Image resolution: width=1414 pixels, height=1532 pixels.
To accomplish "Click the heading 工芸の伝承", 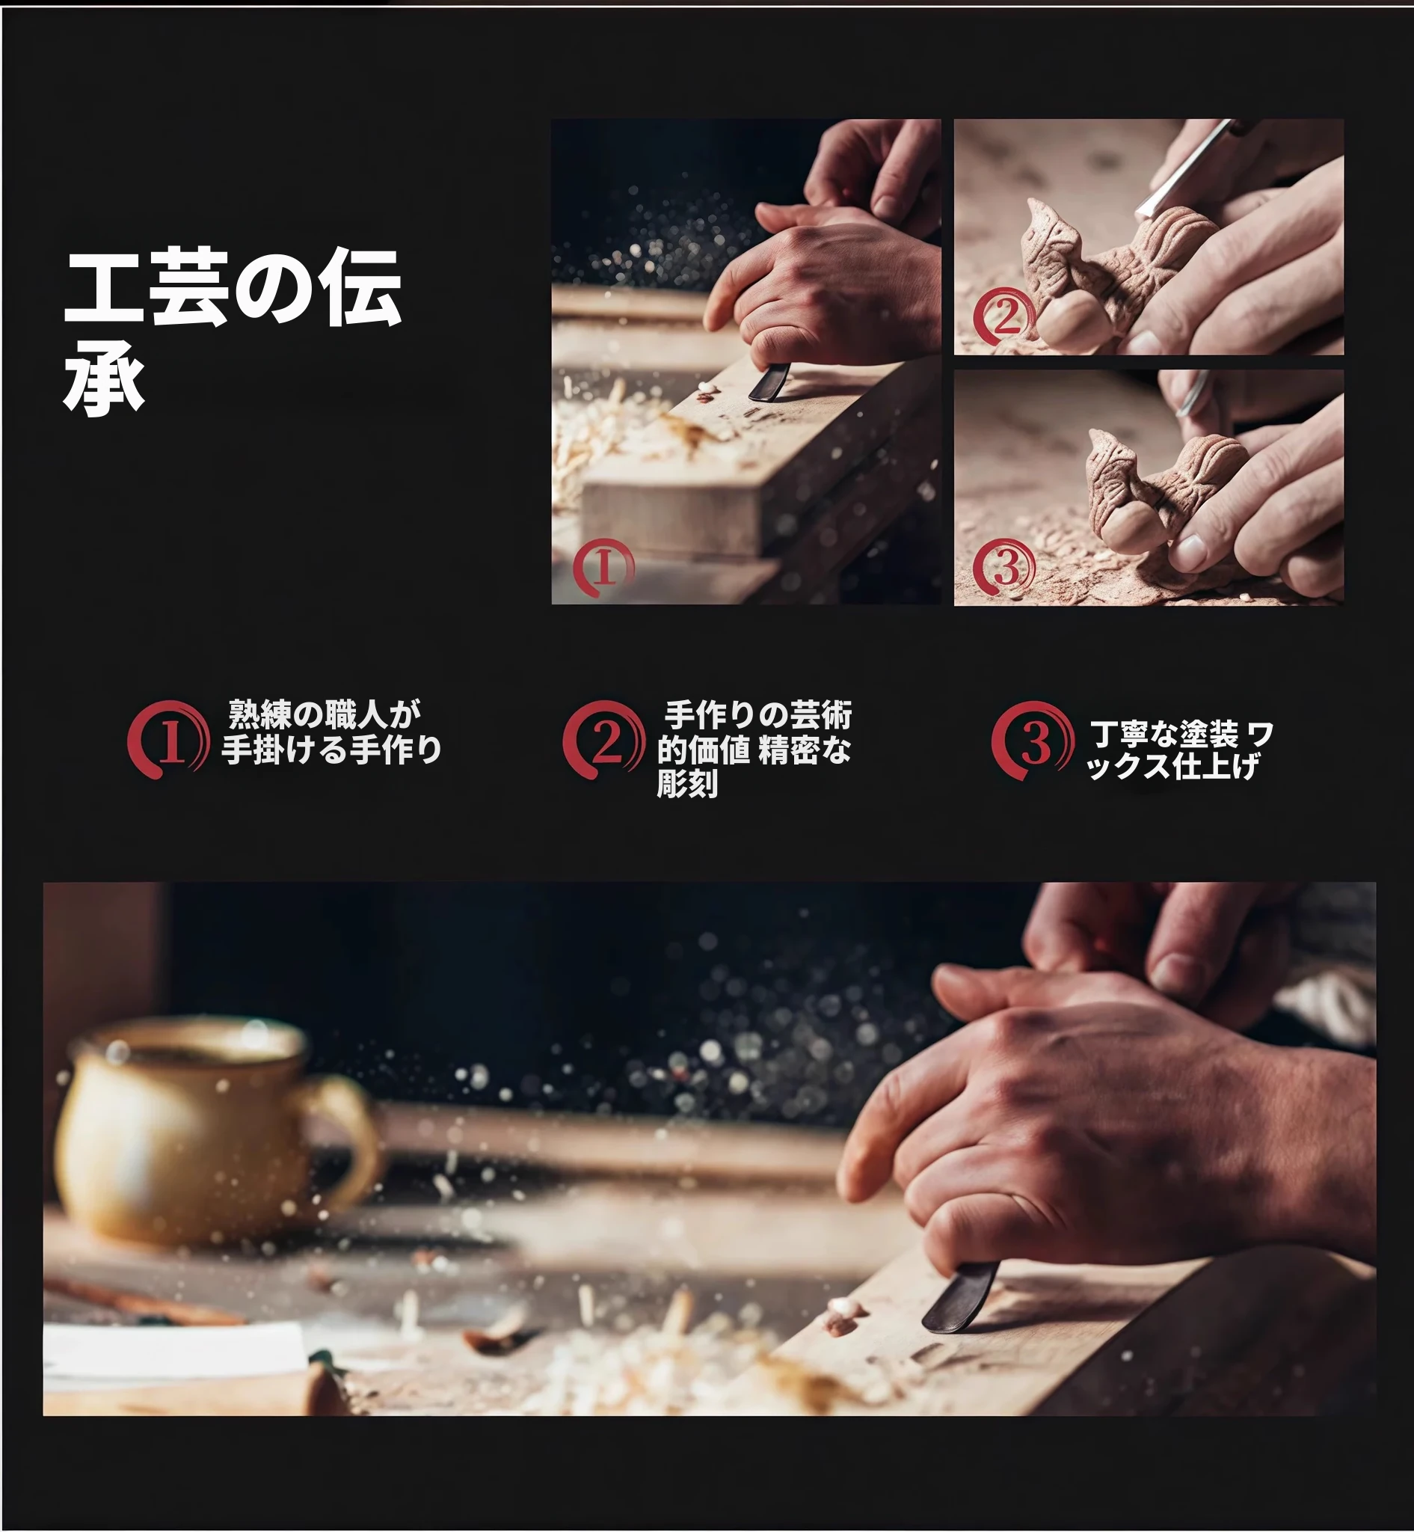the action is [x=233, y=333].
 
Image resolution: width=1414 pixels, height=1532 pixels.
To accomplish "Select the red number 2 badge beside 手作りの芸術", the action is [x=603, y=740].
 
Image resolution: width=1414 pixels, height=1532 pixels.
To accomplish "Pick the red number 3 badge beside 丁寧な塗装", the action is [x=1033, y=740].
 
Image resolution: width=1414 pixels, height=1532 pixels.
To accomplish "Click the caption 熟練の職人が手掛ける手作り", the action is [x=331, y=732].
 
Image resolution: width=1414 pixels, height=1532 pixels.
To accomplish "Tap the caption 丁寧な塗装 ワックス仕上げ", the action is [x=1180, y=750].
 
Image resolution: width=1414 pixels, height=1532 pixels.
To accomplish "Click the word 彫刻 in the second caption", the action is [x=687, y=784].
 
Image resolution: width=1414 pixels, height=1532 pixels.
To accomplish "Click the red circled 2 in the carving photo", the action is [x=1005, y=316].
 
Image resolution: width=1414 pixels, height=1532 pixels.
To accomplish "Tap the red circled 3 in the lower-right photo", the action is [x=1004, y=567].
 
